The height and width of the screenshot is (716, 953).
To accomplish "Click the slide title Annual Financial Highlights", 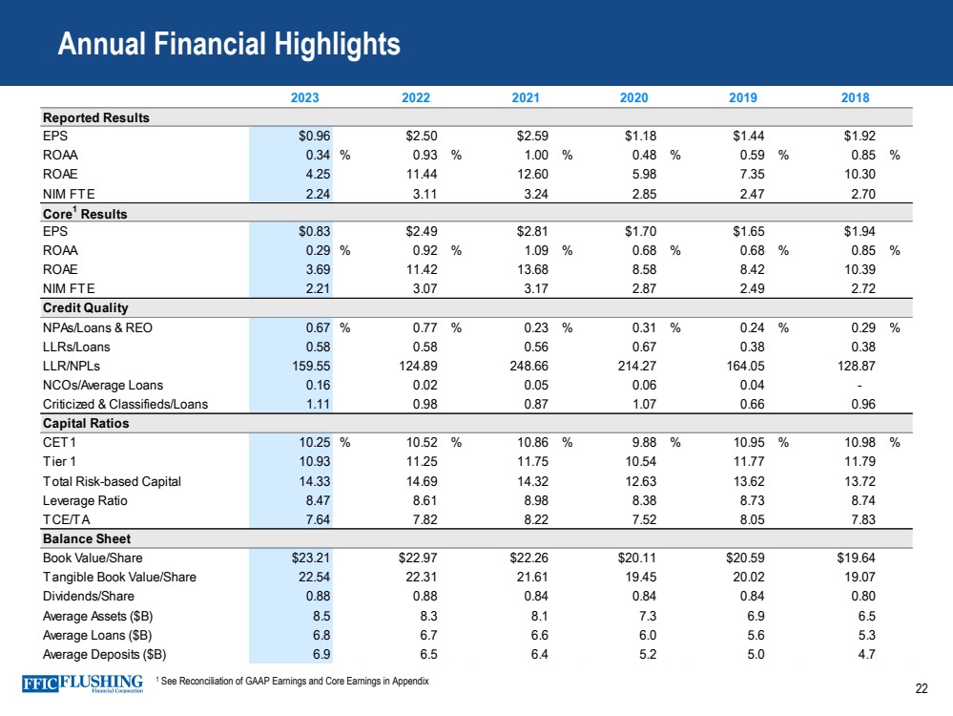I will coord(228,44).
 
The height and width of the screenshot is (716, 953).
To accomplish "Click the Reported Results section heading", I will coord(94,117).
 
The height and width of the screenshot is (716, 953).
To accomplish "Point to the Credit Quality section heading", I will coord(86,308).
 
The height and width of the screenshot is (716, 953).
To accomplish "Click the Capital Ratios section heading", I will coord(86,423).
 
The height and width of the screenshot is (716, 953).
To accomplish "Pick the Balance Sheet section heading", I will coord(85,538).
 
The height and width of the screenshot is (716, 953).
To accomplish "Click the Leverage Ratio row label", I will coord(85,500).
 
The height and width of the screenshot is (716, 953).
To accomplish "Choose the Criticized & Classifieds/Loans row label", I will coord(125,404).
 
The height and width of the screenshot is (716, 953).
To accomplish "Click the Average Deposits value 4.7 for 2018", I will coord(866,654).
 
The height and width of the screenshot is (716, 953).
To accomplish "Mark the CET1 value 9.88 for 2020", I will coord(637,442).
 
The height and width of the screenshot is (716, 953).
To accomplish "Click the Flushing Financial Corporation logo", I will coord(82,684).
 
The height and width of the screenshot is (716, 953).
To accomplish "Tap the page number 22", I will coord(921,689).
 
